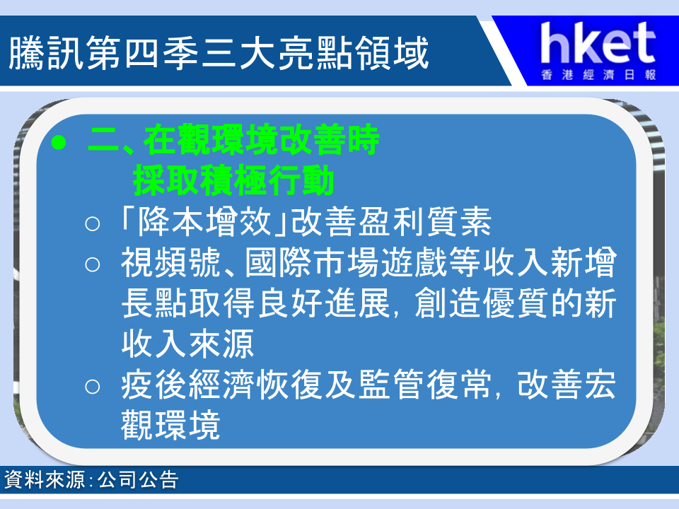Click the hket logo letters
(x=598, y=43)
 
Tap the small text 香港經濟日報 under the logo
(x=598, y=75)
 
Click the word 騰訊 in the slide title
(x=46, y=53)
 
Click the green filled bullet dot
(x=59, y=142)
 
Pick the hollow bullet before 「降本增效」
(x=92, y=224)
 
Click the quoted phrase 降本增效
(x=204, y=221)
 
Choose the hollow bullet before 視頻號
(x=92, y=264)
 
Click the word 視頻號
(x=171, y=262)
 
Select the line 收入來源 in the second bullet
(x=187, y=344)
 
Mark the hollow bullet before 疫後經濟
(x=92, y=386)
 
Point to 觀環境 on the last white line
(x=171, y=425)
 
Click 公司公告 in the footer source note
(x=138, y=479)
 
